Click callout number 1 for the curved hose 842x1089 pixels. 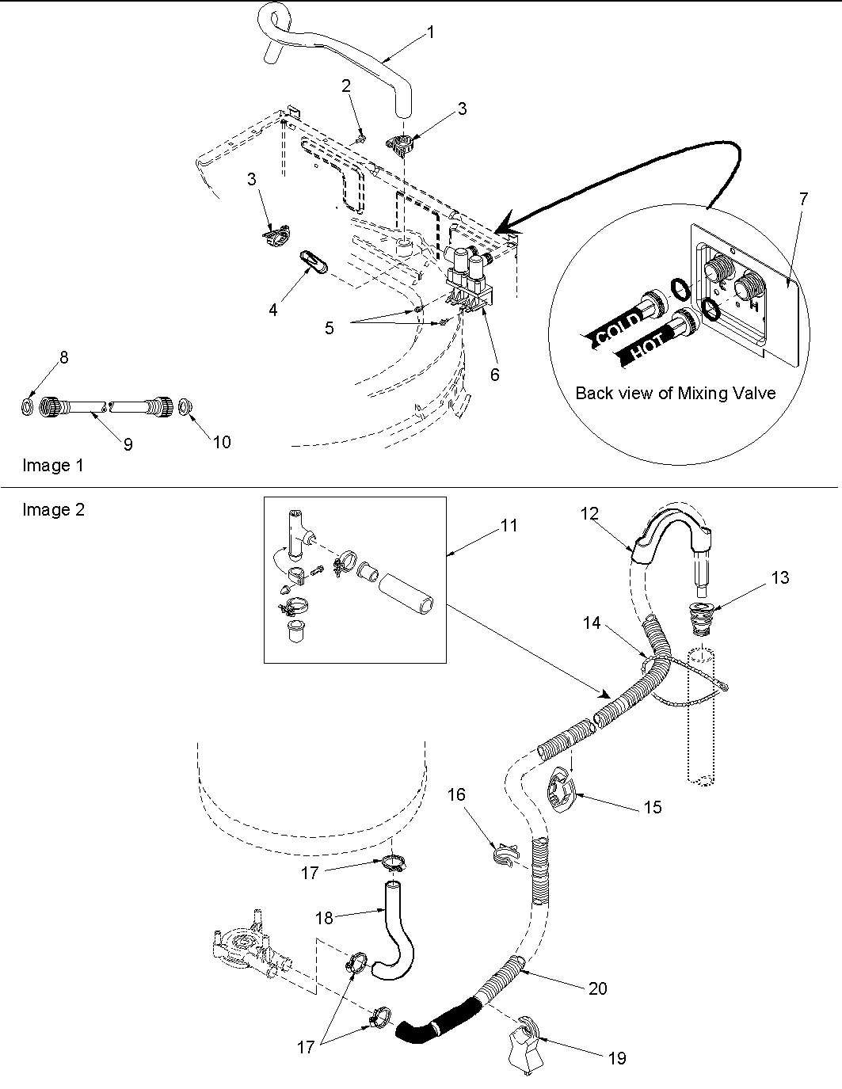pos(430,32)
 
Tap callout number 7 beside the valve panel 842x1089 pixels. pos(803,199)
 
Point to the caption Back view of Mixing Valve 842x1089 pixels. pos(675,393)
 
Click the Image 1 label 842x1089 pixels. pos(52,466)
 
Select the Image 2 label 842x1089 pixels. pos(53,510)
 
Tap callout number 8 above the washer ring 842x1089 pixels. pos(64,357)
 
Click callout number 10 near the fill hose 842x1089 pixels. pos(222,442)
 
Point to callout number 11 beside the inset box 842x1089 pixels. pos(509,525)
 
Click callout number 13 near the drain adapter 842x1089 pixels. pos(779,578)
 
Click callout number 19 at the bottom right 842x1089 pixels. pos(616,1057)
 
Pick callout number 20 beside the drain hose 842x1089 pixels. pos(597,988)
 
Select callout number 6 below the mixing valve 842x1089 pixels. pos(494,375)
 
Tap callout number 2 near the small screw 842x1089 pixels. pos(346,86)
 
